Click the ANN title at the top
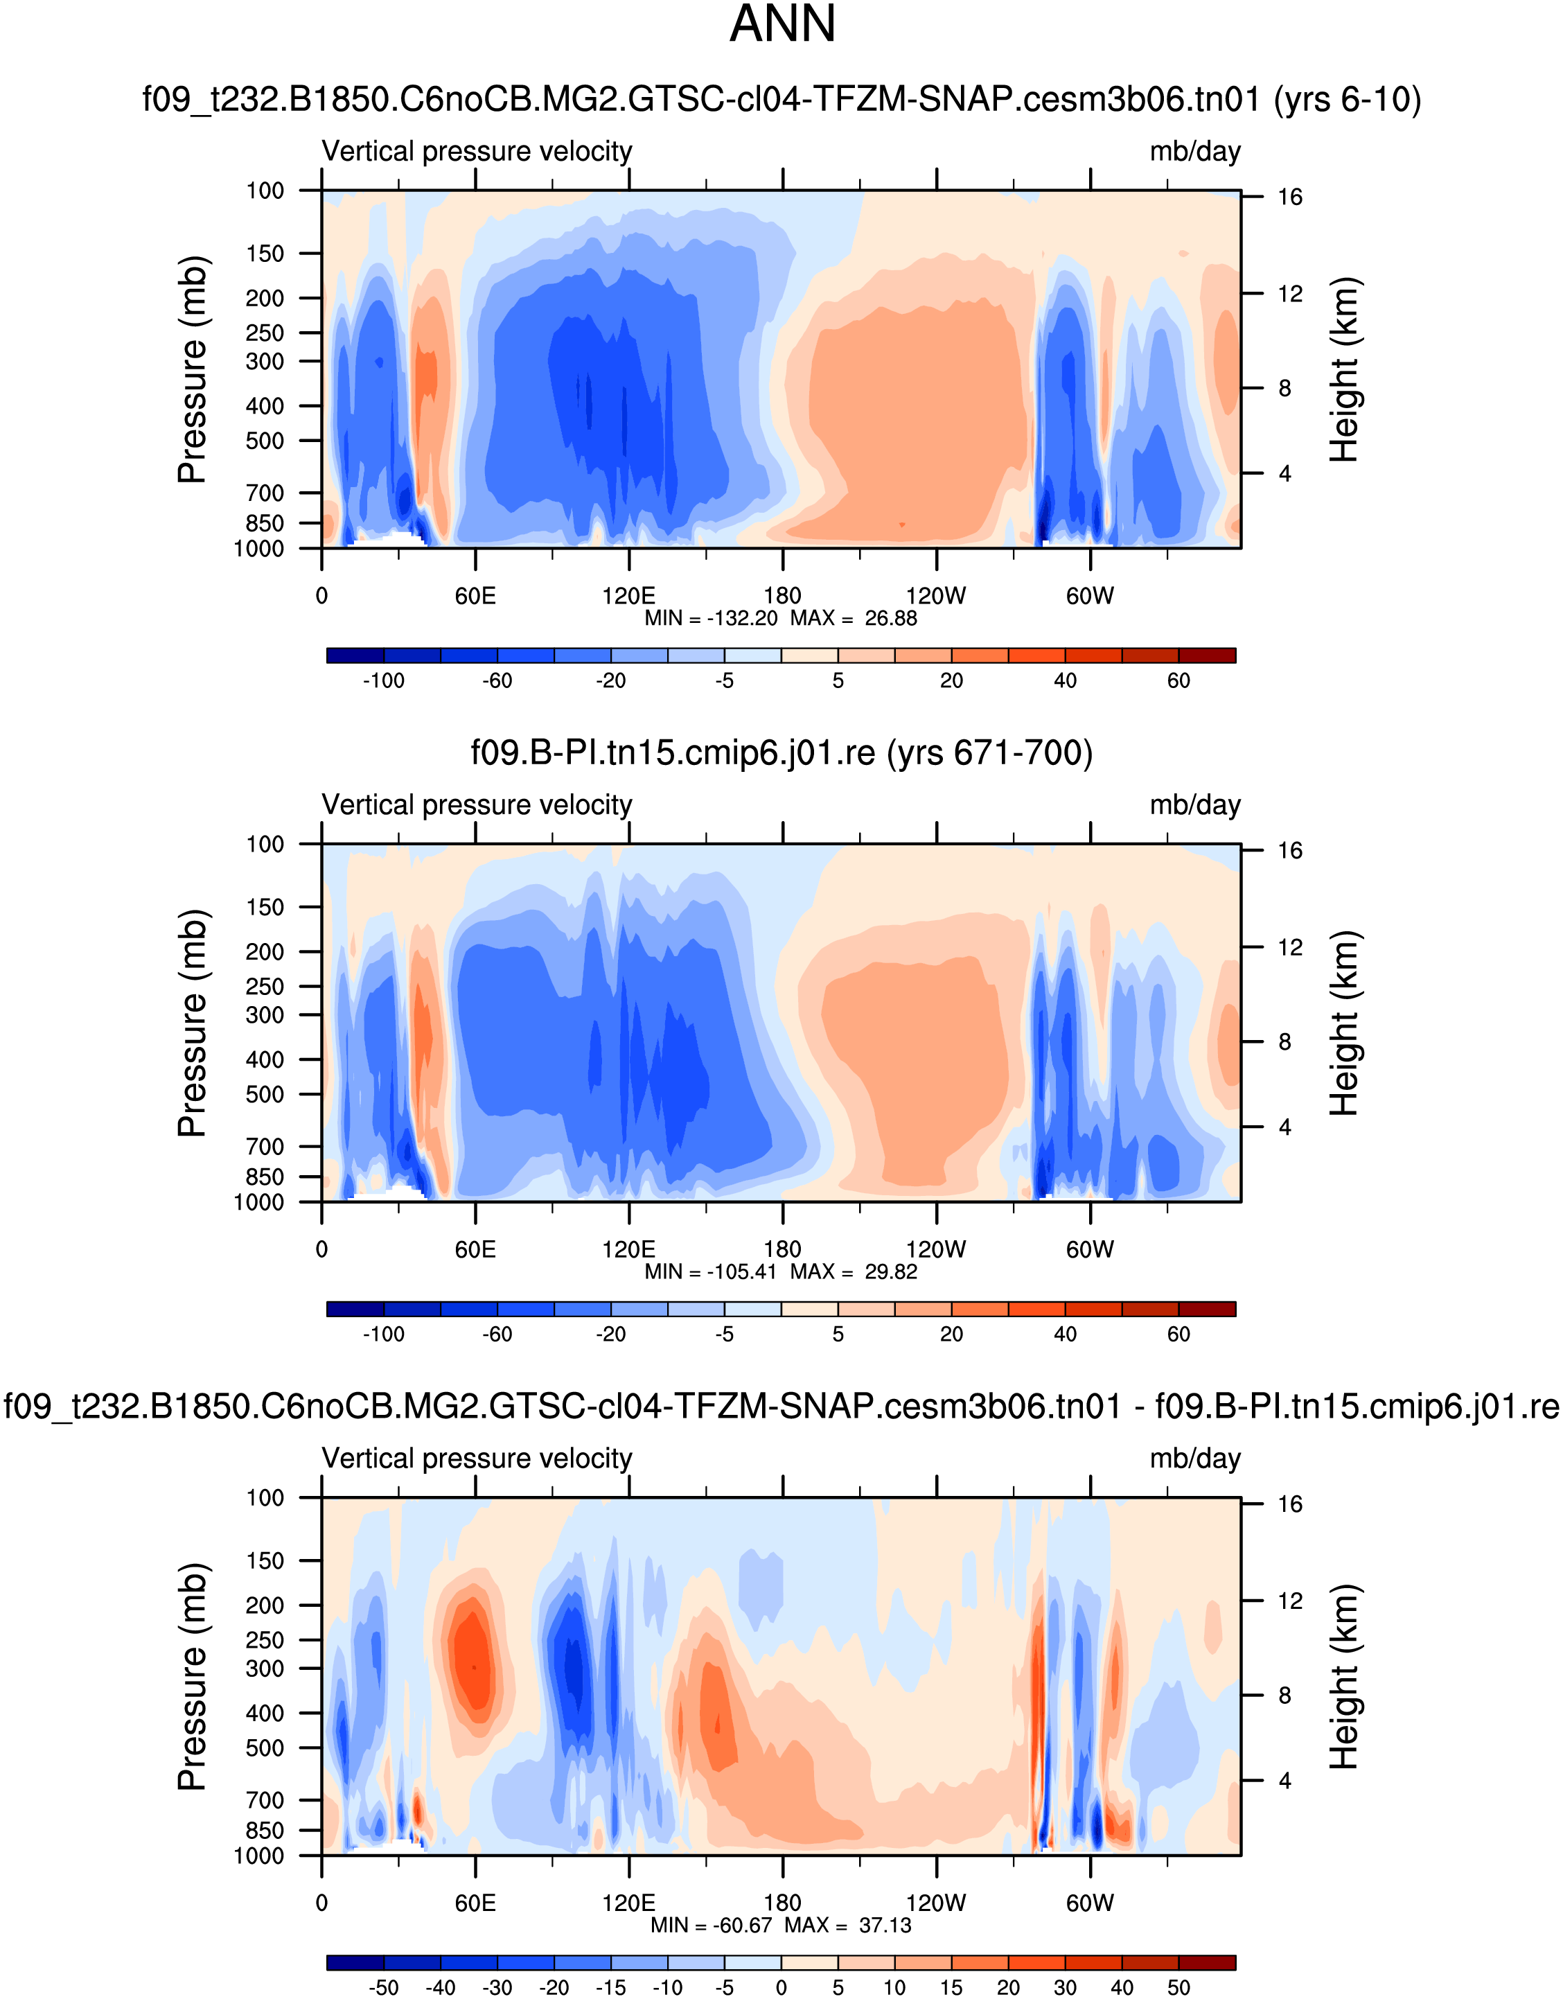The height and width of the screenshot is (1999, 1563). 782,25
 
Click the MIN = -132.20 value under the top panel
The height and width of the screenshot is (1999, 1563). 711,619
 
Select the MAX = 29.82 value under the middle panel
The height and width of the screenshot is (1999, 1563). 854,1272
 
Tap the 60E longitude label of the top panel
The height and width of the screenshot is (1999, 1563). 475,597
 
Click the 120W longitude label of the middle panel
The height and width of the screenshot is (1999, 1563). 936,1250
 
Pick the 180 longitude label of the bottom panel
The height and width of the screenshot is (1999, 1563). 782,1904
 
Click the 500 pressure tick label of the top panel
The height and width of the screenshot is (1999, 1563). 265,441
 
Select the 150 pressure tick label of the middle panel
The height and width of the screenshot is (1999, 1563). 265,907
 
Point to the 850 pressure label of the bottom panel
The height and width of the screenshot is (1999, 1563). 265,1831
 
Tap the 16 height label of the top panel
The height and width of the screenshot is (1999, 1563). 1290,197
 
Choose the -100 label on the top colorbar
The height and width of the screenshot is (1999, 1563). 383,681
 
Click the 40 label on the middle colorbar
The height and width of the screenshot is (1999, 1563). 1065,1335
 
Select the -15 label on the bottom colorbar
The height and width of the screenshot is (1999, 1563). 610,1988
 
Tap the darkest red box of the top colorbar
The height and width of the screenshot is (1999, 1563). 1207,655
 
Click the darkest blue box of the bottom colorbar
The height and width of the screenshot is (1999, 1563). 355,1962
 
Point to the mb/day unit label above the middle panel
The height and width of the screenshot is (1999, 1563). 1195,805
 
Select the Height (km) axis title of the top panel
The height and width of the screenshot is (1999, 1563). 1343,370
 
